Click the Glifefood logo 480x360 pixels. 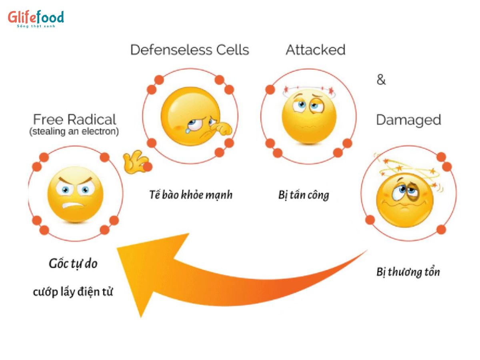coord(36,17)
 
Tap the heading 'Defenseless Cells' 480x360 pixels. coord(190,50)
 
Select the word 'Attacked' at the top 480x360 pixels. coord(315,50)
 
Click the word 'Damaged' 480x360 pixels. coord(408,120)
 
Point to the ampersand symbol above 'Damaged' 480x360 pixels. coord(381,80)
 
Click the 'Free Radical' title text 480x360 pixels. coord(74,120)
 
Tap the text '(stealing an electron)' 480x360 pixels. coord(74,132)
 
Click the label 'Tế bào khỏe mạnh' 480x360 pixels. coord(191,195)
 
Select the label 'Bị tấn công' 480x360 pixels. coord(303,195)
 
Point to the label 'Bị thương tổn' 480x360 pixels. coord(408,272)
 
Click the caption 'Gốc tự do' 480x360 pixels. coord(73,264)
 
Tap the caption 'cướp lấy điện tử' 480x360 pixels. coord(73,292)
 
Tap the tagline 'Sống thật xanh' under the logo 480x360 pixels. coord(36,26)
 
